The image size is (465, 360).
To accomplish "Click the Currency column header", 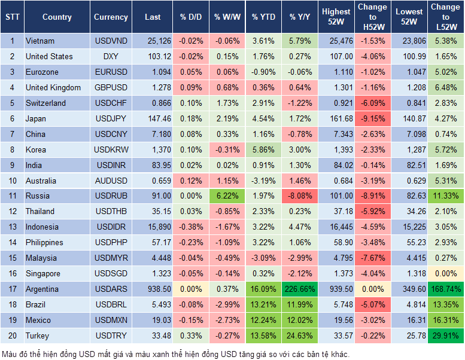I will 111,17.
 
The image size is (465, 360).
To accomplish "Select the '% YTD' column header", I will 263,17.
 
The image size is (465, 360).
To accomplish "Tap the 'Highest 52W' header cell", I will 336,17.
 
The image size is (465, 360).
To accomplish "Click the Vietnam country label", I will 40,41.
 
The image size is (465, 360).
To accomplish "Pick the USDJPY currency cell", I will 111,118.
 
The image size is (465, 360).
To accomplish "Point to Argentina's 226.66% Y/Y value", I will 300,289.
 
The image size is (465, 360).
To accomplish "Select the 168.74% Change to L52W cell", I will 445,289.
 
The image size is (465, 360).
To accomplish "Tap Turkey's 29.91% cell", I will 445,335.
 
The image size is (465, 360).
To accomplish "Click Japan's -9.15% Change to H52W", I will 372,118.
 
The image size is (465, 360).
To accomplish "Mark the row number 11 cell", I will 12,196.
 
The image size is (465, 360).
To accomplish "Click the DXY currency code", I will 111,57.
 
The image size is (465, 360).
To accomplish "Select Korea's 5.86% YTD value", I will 263,150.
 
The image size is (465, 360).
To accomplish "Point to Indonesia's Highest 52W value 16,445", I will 336,227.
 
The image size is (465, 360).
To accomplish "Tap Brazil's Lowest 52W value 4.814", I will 408,304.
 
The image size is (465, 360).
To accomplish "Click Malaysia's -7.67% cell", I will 372,258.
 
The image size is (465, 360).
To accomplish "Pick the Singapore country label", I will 43,273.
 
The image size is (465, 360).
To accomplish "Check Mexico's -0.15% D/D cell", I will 191,320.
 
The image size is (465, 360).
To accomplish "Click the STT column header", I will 12,17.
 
